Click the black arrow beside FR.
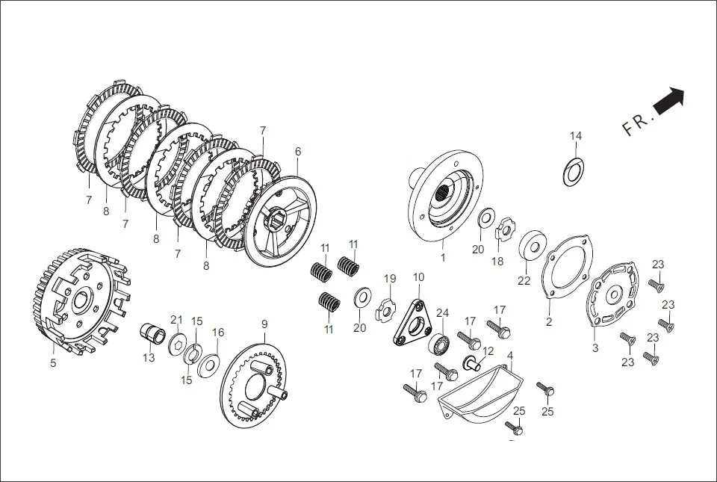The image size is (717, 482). pos(669,100)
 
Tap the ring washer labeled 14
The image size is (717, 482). pos(573,171)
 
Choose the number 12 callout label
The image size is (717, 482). pos(488,351)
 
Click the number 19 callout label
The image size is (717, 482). pos(390,279)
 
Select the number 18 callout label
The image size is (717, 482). pos(497,262)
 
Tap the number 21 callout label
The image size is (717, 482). pos(176,320)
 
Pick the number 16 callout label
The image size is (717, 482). pos(218,333)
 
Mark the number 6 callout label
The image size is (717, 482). pos(298,151)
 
